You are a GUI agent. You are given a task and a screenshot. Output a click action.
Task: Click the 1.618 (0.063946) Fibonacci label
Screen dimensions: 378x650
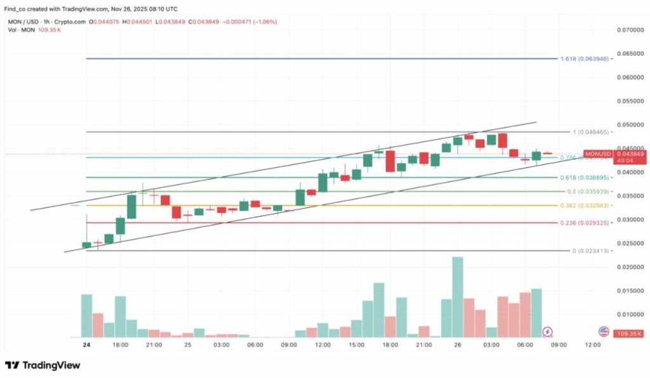tap(585, 58)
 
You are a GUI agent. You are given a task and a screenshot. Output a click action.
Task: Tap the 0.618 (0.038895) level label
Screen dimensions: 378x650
tap(585, 178)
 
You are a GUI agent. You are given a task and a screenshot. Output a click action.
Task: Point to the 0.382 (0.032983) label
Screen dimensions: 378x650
tap(585, 205)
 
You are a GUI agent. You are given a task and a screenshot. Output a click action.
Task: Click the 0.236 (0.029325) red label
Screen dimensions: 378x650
tap(585, 223)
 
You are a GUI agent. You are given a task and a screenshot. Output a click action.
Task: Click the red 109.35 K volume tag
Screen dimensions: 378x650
tap(628, 334)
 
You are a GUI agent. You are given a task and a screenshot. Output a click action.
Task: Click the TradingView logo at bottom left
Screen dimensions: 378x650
tap(43, 365)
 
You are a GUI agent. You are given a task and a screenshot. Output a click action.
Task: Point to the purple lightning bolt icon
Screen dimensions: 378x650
tap(548, 331)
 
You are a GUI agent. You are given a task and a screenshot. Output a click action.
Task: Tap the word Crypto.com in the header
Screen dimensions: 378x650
tap(70, 21)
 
